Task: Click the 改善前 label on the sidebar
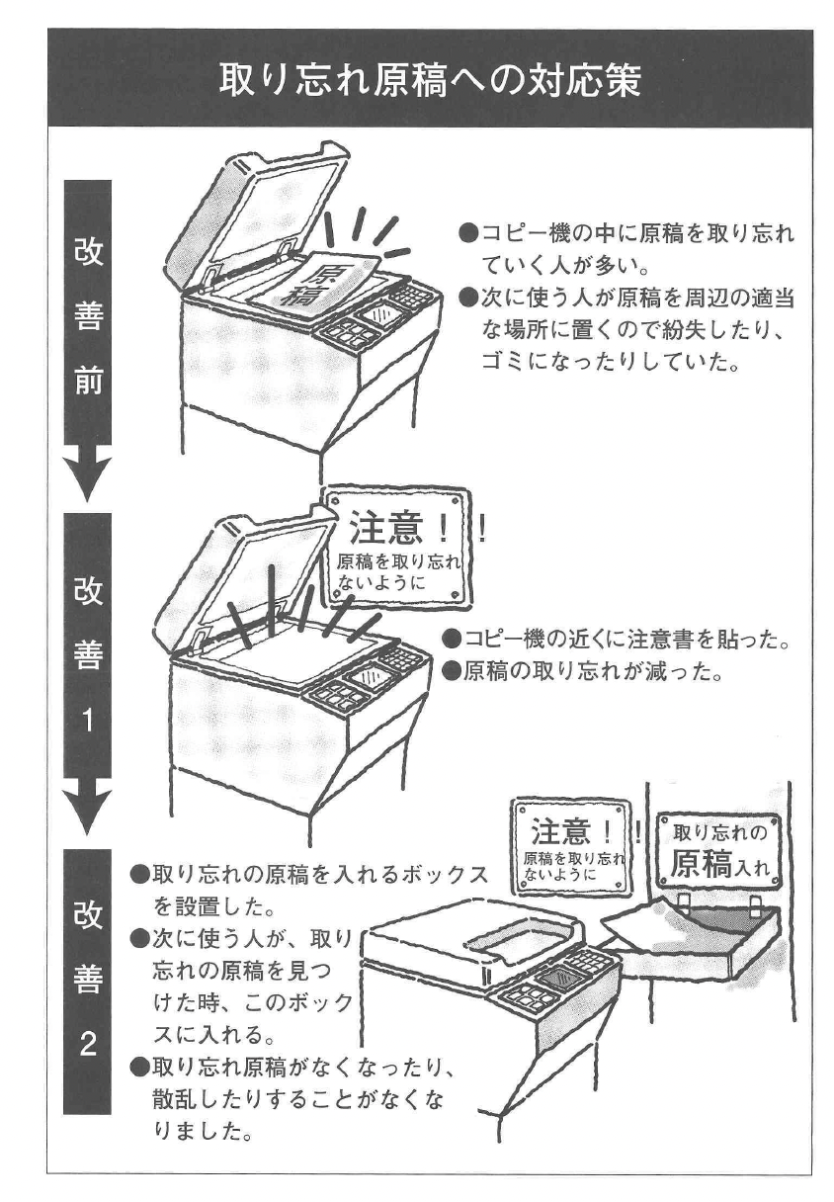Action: (x=88, y=315)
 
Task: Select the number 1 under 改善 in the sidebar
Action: (x=88, y=720)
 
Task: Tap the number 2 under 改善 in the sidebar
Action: (x=88, y=1046)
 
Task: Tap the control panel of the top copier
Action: (x=380, y=316)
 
